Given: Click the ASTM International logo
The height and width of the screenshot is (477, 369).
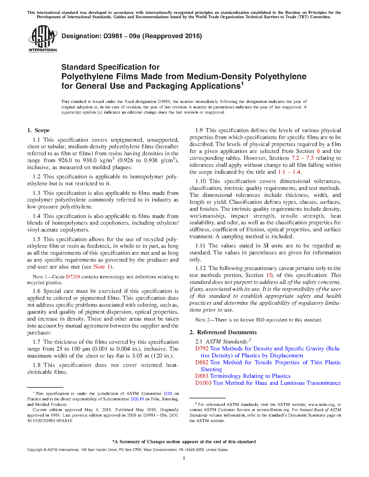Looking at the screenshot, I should click(43, 38).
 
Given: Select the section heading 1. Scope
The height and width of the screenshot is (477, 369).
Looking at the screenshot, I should click(38, 130).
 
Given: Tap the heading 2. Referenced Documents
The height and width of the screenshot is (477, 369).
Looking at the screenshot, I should click(223, 332).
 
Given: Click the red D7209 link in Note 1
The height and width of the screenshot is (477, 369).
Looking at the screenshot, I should click(73, 277).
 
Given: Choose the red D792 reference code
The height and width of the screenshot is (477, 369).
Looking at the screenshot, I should click(202, 349).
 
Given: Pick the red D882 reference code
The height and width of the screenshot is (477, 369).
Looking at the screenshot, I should click(202, 363).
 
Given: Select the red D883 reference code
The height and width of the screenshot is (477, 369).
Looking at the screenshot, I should click(202, 376).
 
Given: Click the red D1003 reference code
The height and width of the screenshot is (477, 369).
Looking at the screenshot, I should click(203, 383).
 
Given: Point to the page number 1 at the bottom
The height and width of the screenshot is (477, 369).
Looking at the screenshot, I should click(184, 458).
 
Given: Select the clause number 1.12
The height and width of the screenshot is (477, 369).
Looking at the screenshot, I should click(200, 268).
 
